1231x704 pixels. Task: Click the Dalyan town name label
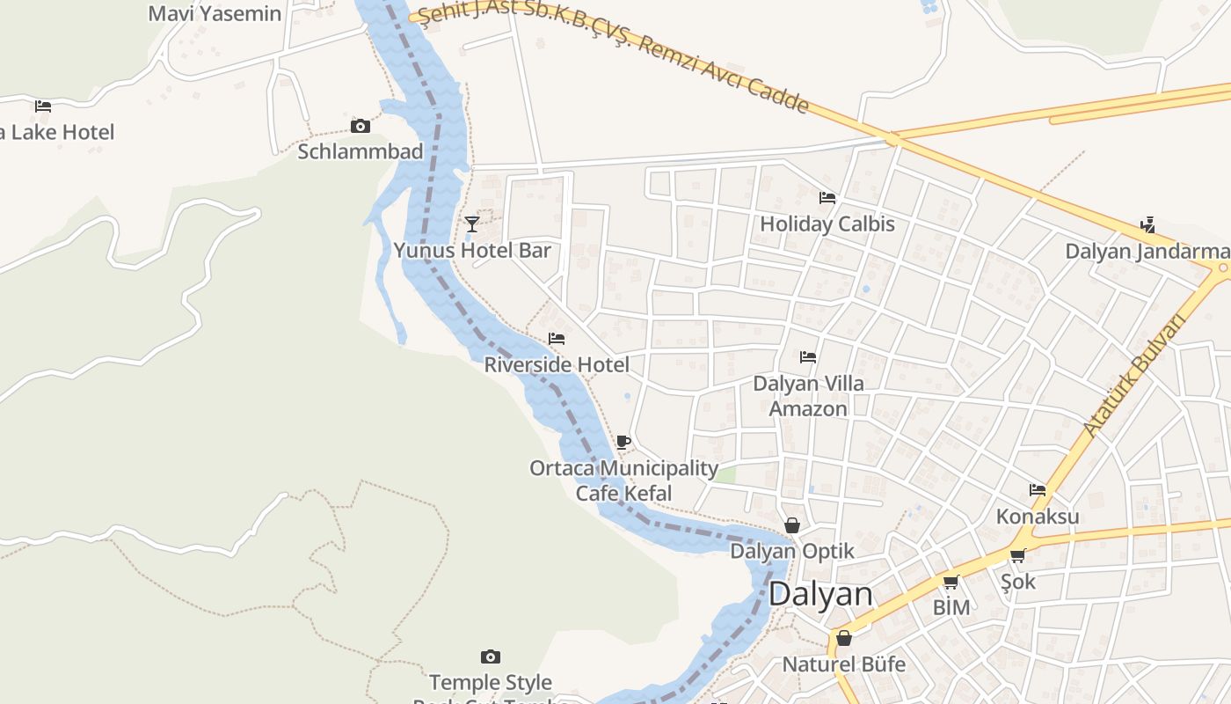pos(821,594)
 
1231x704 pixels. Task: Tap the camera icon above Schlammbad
pos(360,126)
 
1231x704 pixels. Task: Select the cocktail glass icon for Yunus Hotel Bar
pos(472,224)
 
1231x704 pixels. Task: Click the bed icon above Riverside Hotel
pos(557,339)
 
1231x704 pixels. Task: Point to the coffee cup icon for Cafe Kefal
pos(623,442)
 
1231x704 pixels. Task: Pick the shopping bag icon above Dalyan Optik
pos(792,525)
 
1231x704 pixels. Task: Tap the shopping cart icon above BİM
pos(951,583)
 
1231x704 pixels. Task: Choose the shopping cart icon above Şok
pos(1017,555)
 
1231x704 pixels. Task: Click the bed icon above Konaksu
pos(1038,490)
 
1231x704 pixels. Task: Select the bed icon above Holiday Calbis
pos(827,198)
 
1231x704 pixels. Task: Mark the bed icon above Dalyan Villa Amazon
pos(808,357)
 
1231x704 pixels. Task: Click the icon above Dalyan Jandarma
pos(1147,224)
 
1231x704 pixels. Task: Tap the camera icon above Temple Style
pos(491,656)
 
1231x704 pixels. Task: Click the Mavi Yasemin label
pos(215,13)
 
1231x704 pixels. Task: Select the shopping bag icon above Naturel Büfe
pos(844,637)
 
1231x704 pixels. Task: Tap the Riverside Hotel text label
pos(557,364)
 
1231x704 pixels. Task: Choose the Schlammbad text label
pos(361,151)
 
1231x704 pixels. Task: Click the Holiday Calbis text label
pos(827,224)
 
